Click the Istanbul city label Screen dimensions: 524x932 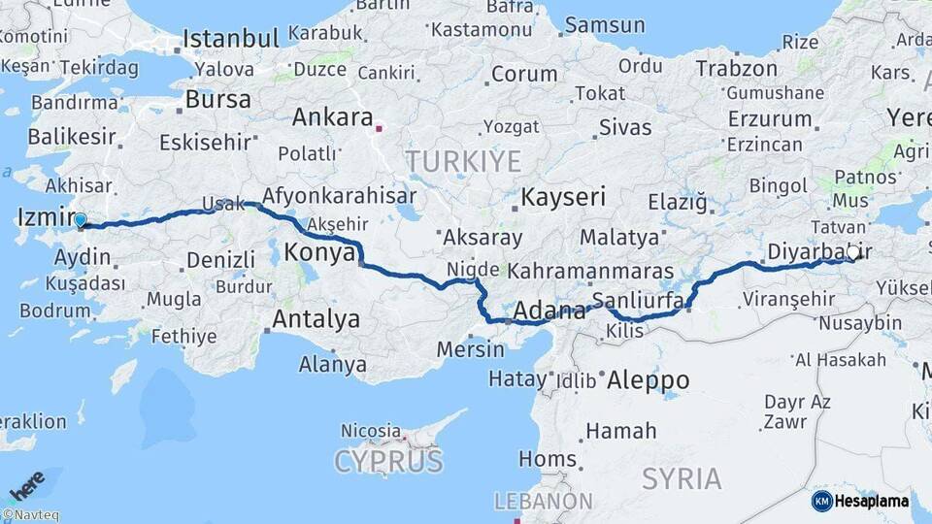click(x=231, y=39)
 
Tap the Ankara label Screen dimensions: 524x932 click(x=333, y=117)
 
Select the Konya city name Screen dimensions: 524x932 click(x=319, y=253)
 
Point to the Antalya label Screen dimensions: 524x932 click(x=316, y=318)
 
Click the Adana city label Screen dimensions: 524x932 click(x=549, y=311)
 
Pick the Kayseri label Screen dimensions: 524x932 click(x=563, y=197)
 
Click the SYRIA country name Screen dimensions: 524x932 click(x=681, y=478)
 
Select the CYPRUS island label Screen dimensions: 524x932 click(x=388, y=461)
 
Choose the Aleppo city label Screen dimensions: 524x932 click(x=648, y=380)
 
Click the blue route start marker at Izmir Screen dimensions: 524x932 click(x=80, y=220)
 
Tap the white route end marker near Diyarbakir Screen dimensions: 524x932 click(x=852, y=252)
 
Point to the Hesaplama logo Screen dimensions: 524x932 click(x=860, y=501)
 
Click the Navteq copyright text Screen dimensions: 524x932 click(x=30, y=515)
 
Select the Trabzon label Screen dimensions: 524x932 click(x=737, y=69)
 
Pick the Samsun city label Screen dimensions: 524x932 click(x=604, y=24)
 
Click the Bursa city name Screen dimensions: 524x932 click(x=217, y=99)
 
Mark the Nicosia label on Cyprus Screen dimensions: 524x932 click(x=370, y=430)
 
